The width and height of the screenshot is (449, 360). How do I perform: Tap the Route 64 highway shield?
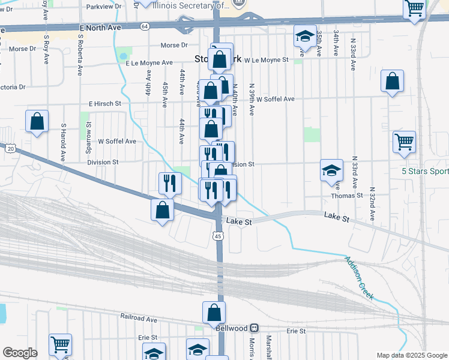point(145,26)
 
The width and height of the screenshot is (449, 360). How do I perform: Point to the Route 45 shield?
point(218,236)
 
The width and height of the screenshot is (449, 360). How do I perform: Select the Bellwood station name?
point(232,328)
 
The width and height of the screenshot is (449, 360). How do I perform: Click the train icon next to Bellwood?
point(255,328)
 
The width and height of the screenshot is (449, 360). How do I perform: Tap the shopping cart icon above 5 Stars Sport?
point(404,142)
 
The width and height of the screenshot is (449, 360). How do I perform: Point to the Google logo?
point(20,352)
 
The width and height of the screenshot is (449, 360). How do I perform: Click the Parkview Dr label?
point(104,6)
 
